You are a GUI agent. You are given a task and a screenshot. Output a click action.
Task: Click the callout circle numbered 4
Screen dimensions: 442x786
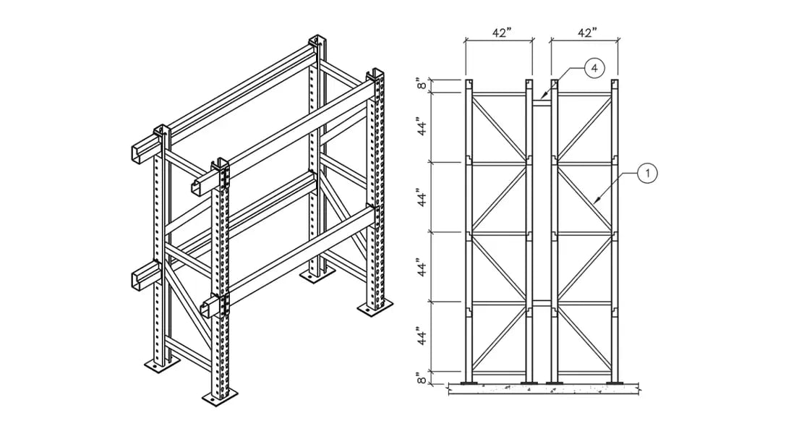coord(593,68)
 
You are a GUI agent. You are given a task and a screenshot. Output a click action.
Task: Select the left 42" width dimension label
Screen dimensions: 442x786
coord(499,33)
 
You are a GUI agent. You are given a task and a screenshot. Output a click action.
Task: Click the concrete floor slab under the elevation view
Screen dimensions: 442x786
coord(542,391)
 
